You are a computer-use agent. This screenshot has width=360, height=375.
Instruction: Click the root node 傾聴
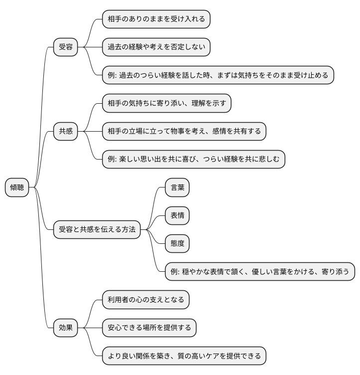coord(17,187)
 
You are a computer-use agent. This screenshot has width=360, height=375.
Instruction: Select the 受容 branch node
coord(66,47)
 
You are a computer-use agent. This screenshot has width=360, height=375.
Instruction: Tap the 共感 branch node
coord(66,132)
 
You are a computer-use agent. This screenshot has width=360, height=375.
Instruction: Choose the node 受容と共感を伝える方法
coord(97,229)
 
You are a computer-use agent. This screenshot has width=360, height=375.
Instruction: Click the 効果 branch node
coord(66,328)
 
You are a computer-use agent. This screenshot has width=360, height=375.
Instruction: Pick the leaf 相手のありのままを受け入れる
coord(156,19)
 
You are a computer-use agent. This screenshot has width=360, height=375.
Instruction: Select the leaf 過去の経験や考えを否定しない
coord(156,47)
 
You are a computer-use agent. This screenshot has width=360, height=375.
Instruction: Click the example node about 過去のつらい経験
coord(217,75)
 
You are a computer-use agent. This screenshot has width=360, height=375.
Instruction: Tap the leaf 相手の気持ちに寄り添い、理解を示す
coord(167,104)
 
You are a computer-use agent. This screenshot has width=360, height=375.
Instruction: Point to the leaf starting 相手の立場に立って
coord(184,132)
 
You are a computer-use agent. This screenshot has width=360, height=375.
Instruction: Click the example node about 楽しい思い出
coord(193,160)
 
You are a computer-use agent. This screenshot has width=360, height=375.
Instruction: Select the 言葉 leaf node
coord(177,187)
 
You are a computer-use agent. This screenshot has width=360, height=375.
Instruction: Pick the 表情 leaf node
coord(177,215)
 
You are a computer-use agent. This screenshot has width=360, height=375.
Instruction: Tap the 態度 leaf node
coord(177,244)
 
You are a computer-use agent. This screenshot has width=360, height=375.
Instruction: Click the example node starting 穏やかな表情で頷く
coord(260,272)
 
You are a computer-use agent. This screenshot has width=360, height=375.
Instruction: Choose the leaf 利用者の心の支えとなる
coord(146,300)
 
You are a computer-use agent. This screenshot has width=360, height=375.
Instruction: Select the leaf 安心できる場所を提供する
coord(149,328)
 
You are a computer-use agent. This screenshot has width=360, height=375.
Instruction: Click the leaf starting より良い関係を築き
coord(184,356)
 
